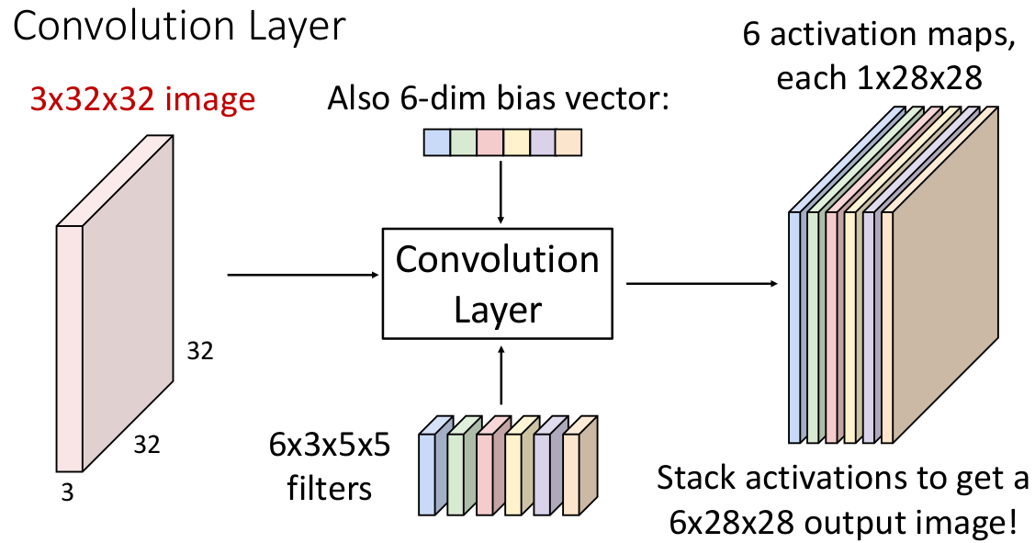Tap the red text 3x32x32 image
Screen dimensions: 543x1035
(142, 98)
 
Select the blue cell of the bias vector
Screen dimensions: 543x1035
(436, 142)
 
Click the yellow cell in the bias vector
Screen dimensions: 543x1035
(516, 142)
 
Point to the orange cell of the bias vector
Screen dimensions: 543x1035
(569, 142)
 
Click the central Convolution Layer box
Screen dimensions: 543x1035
(497, 284)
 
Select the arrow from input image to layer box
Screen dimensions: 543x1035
(303, 274)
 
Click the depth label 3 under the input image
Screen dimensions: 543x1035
(67, 493)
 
